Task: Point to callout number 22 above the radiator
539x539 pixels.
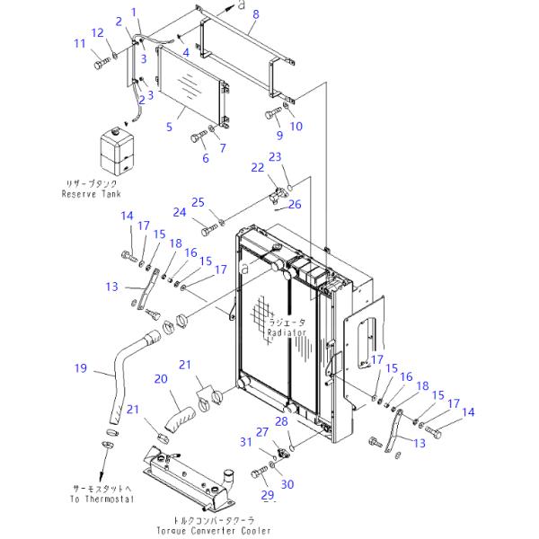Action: click(257, 167)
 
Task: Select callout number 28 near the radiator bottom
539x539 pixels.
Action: click(281, 420)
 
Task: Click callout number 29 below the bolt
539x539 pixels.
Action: click(266, 495)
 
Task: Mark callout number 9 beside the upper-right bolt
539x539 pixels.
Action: click(279, 136)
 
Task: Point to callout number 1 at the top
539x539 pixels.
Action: click(135, 12)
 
